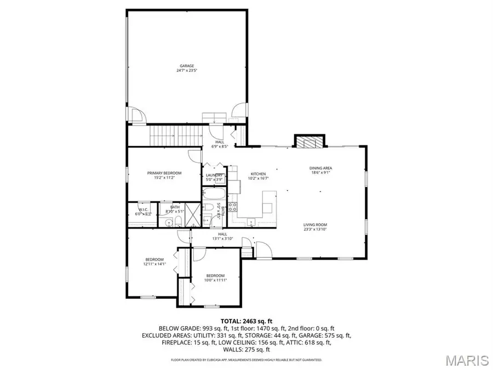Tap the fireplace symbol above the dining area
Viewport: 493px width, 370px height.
[x=310, y=142]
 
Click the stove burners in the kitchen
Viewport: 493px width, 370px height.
[x=232, y=207]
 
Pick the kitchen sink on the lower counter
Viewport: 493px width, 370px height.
[x=250, y=222]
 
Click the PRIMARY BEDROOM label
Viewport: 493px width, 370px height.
[x=164, y=173]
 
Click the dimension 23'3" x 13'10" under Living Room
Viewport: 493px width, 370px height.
[x=316, y=229]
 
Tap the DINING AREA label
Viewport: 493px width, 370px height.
[x=320, y=168]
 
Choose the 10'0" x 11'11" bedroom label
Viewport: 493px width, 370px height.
[x=215, y=280]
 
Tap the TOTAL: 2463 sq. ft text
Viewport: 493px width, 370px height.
[x=246, y=321]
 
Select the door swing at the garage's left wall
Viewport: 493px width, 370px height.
[x=137, y=115]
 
